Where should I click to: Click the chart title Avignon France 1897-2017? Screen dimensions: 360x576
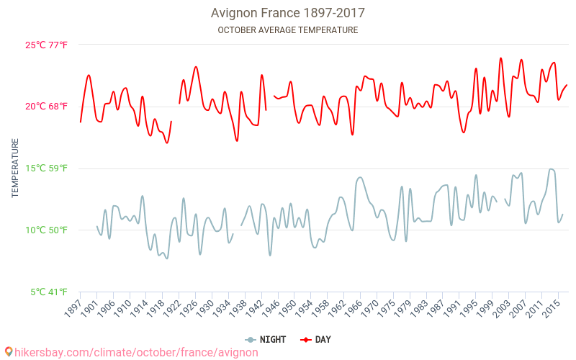(x=287, y=13)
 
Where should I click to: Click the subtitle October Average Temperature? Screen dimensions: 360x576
(x=287, y=30)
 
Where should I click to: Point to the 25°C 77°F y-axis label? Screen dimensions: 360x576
(x=47, y=45)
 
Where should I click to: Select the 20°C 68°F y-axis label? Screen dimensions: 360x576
(x=47, y=107)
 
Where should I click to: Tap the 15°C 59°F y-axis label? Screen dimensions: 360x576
(x=47, y=168)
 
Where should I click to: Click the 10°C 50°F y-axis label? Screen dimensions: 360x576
(x=47, y=230)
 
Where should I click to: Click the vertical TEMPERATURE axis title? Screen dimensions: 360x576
(x=15, y=168)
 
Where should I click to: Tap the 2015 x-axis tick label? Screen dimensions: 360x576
(x=553, y=307)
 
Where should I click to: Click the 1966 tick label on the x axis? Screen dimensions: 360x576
(x=354, y=307)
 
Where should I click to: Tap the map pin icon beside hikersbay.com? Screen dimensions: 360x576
(x=9, y=352)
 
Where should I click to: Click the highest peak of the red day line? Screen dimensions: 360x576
(x=501, y=58)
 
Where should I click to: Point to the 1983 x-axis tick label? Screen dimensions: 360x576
(x=423, y=307)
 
